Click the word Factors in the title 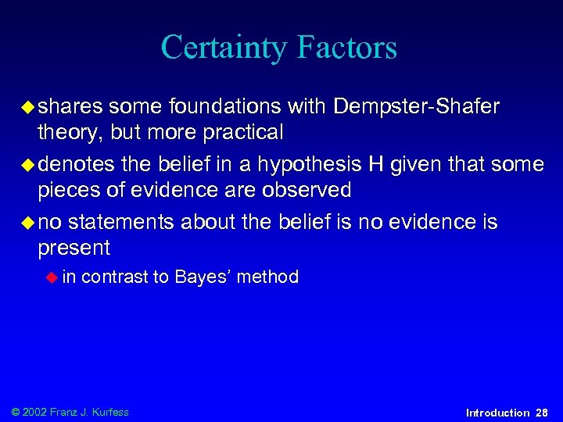tap(348, 47)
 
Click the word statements tap(121, 222)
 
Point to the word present tap(74, 249)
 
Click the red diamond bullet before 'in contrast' tap(52, 277)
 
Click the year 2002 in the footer tap(37, 412)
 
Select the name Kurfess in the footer tap(109, 412)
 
